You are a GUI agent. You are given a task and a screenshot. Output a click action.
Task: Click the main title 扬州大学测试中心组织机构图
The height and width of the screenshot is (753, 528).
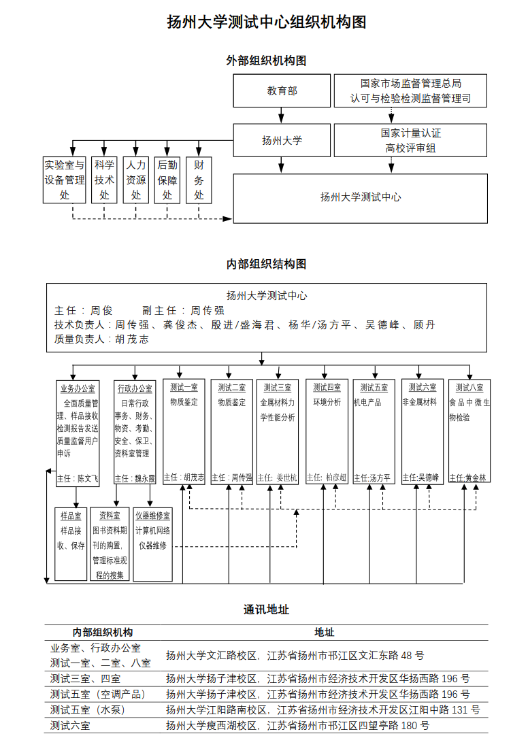coord(267,22)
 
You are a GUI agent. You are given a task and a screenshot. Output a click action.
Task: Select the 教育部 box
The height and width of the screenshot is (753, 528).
coord(282,90)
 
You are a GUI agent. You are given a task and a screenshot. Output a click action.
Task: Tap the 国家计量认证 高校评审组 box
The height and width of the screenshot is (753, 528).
coord(410,140)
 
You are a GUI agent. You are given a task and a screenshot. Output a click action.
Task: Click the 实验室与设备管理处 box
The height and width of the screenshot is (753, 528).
coord(65,180)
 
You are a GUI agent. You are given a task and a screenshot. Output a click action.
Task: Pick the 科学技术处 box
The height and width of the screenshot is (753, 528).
coord(104,180)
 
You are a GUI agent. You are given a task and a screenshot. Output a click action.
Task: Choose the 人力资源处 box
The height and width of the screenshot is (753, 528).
coord(135,180)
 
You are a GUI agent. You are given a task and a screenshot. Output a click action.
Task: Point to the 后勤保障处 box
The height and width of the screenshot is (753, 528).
coord(167,180)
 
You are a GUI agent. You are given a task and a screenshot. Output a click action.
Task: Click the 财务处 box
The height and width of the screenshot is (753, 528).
coord(199,180)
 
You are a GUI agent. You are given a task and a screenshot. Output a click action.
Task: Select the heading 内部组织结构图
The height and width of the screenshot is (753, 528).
coord(267,264)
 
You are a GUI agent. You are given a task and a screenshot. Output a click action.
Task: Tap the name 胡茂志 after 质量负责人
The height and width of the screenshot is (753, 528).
coord(132,339)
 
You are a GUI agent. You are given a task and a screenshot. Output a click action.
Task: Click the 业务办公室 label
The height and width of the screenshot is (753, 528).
coord(78,388)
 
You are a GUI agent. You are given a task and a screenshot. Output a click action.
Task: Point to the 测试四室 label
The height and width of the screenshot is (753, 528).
coord(327,387)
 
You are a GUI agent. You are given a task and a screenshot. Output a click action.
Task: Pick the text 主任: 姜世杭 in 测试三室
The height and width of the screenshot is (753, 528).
coord(277,478)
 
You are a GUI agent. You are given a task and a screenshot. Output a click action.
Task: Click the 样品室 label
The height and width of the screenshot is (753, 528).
coord(71,516)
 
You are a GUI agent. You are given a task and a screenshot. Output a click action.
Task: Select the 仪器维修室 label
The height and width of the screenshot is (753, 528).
coord(153,516)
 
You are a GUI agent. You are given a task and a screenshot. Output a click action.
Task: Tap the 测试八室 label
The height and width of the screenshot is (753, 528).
coord(469,387)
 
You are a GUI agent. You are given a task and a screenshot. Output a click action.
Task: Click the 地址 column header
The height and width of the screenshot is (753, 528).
coord(325,633)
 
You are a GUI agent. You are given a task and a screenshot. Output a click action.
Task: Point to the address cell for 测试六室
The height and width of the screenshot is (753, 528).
coord(297,725)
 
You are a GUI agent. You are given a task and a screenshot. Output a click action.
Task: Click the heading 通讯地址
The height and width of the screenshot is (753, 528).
coord(267,609)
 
